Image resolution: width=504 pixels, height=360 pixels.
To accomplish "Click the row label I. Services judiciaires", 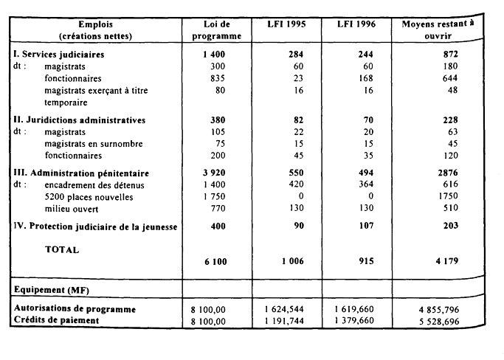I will (x=59, y=55).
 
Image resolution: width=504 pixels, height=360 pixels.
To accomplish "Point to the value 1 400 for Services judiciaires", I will (x=212, y=55).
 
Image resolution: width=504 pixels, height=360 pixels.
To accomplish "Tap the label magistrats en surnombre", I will (x=94, y=144).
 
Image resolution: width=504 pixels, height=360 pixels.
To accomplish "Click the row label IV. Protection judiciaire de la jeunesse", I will (x=95, y=226).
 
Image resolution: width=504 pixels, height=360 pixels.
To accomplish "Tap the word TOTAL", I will (x=62, y=250).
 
